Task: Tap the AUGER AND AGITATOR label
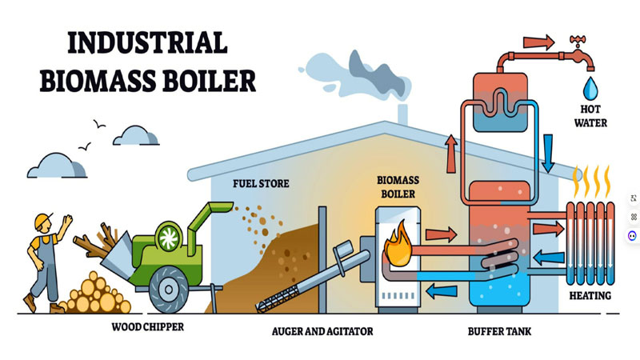coord(322,330)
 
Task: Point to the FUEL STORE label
coord(261,184)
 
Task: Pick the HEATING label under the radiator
coord(590,296)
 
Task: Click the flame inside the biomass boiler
coord(397,244)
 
